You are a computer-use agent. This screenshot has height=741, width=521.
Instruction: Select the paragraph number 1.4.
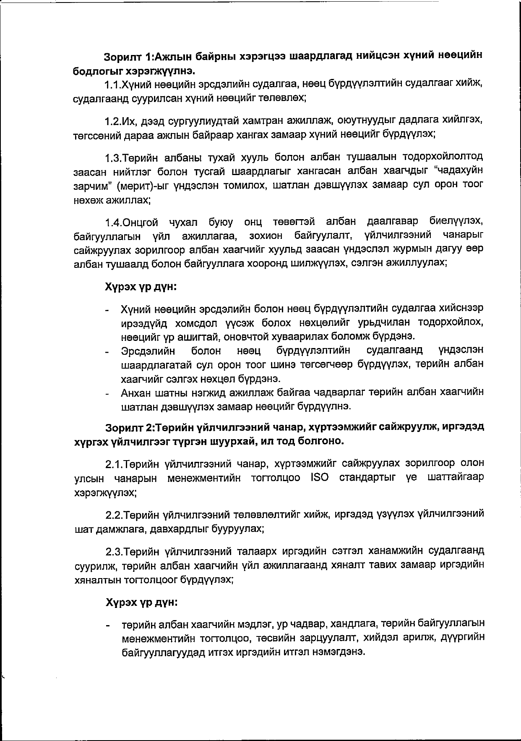pyautogui.click(x=113, y=222)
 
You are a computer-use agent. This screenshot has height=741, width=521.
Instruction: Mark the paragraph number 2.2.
pyautogui.click(x=113, y=515)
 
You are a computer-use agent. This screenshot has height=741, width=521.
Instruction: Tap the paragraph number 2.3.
pyautogui.click(x=113, y=551)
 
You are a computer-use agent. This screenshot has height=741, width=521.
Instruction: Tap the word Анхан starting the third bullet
pyautogui.click(x=136, y=393)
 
